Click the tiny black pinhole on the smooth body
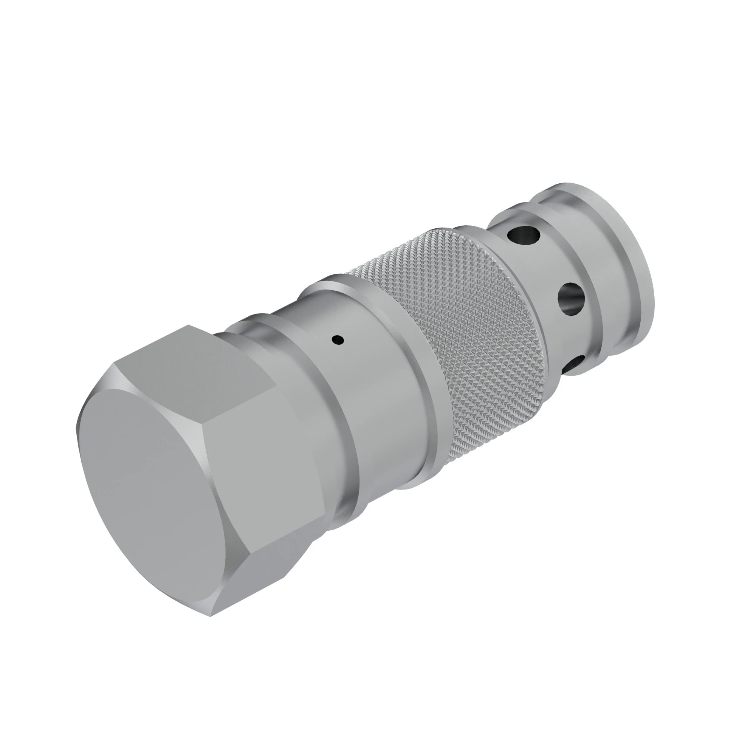pos(338,340)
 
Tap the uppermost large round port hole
pos(523,236)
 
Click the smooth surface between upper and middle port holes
pos(548,270)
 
